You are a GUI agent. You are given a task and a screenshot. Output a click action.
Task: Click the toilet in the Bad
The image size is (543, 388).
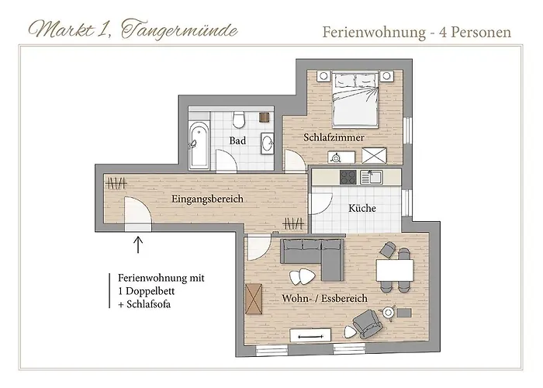(x=239, y=120)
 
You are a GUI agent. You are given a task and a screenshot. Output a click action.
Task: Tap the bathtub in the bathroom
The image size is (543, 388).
(x=199, y=145)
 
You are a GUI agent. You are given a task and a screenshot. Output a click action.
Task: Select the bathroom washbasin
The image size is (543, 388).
(x=268, y=143)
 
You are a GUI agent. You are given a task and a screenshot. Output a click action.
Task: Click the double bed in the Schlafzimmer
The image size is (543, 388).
(x=355, y=99)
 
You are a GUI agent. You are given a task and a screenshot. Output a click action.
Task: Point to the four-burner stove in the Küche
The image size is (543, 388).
(x=348, y=178)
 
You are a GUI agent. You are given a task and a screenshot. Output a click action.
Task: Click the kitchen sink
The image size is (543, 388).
(x=372, y=177)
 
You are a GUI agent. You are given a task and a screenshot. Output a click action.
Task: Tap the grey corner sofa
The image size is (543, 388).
(x=313, y=258)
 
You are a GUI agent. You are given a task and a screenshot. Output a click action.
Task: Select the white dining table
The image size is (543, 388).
(x=395, y=271)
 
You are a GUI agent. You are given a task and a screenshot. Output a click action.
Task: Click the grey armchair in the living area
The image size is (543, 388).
(x=368, y=324)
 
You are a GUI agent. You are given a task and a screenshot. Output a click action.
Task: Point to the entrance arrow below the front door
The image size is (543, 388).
(x=138, y=245)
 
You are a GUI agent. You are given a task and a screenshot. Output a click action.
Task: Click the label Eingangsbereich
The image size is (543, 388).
(x=207, y=199)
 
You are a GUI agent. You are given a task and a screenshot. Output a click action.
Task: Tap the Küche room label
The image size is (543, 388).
(x=362, y=208)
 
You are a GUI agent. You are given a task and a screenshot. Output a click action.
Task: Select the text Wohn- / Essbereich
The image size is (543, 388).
(x=324, y=298)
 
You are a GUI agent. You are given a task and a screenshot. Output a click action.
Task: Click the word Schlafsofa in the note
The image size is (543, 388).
(x=149, y=304)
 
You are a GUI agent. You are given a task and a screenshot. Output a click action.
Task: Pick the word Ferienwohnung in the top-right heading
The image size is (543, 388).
(x=374, y=33)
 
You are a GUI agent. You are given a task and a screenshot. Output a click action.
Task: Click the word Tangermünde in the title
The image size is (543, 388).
(x=179, y=29)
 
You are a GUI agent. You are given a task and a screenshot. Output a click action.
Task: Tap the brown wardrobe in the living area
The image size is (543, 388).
(x=254, y=299)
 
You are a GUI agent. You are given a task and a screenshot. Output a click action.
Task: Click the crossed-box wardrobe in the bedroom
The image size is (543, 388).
(x=374, y=155)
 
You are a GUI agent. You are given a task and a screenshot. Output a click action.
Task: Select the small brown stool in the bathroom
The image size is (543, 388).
(x=265, y=117)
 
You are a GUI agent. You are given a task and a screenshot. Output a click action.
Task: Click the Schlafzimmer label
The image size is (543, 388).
(x=334, y=137)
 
